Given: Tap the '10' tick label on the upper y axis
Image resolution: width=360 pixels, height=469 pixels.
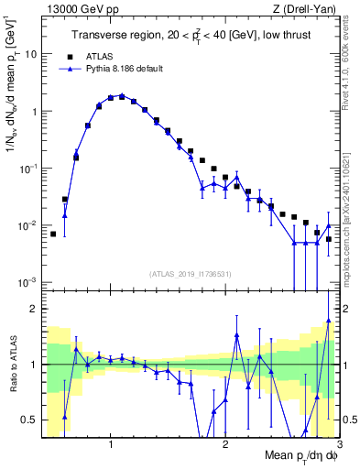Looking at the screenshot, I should click(x=30, y=53).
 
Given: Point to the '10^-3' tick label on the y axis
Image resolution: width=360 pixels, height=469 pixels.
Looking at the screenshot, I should click(x=27, y=282).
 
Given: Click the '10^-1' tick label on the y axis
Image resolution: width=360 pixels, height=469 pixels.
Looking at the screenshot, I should click(x=27, y=169).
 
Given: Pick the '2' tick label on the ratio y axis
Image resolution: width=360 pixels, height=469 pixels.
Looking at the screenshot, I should click(x=33, y=309).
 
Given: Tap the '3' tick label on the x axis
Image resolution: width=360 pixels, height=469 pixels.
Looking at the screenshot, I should click(x=339, y=444).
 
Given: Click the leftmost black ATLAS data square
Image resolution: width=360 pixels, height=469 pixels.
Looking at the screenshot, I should click(x=53, y=234).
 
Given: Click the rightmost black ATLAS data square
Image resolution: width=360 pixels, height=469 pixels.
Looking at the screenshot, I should click(x=328, y=239).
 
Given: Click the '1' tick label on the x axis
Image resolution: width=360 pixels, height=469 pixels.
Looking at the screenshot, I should click(x=111, y=444).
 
